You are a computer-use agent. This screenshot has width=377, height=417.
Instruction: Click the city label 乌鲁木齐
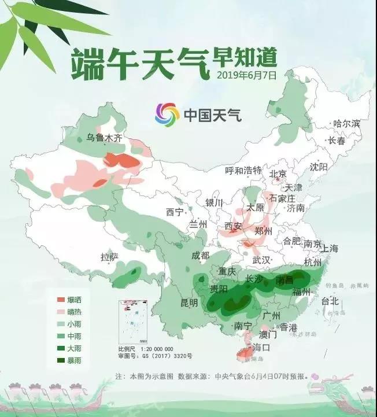104,138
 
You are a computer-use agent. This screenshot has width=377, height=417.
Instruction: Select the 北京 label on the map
278,174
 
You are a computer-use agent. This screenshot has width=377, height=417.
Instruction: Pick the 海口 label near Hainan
261,348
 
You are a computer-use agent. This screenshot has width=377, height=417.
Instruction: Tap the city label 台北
330,301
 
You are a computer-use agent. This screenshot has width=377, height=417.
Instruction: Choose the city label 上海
328,249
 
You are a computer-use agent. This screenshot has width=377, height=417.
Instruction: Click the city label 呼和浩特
243,170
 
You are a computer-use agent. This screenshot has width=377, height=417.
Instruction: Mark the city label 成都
202,256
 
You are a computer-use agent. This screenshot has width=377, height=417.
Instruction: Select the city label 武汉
262,260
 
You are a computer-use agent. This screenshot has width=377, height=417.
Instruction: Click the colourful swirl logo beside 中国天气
167,115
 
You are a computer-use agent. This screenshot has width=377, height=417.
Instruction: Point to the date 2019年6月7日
247,75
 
